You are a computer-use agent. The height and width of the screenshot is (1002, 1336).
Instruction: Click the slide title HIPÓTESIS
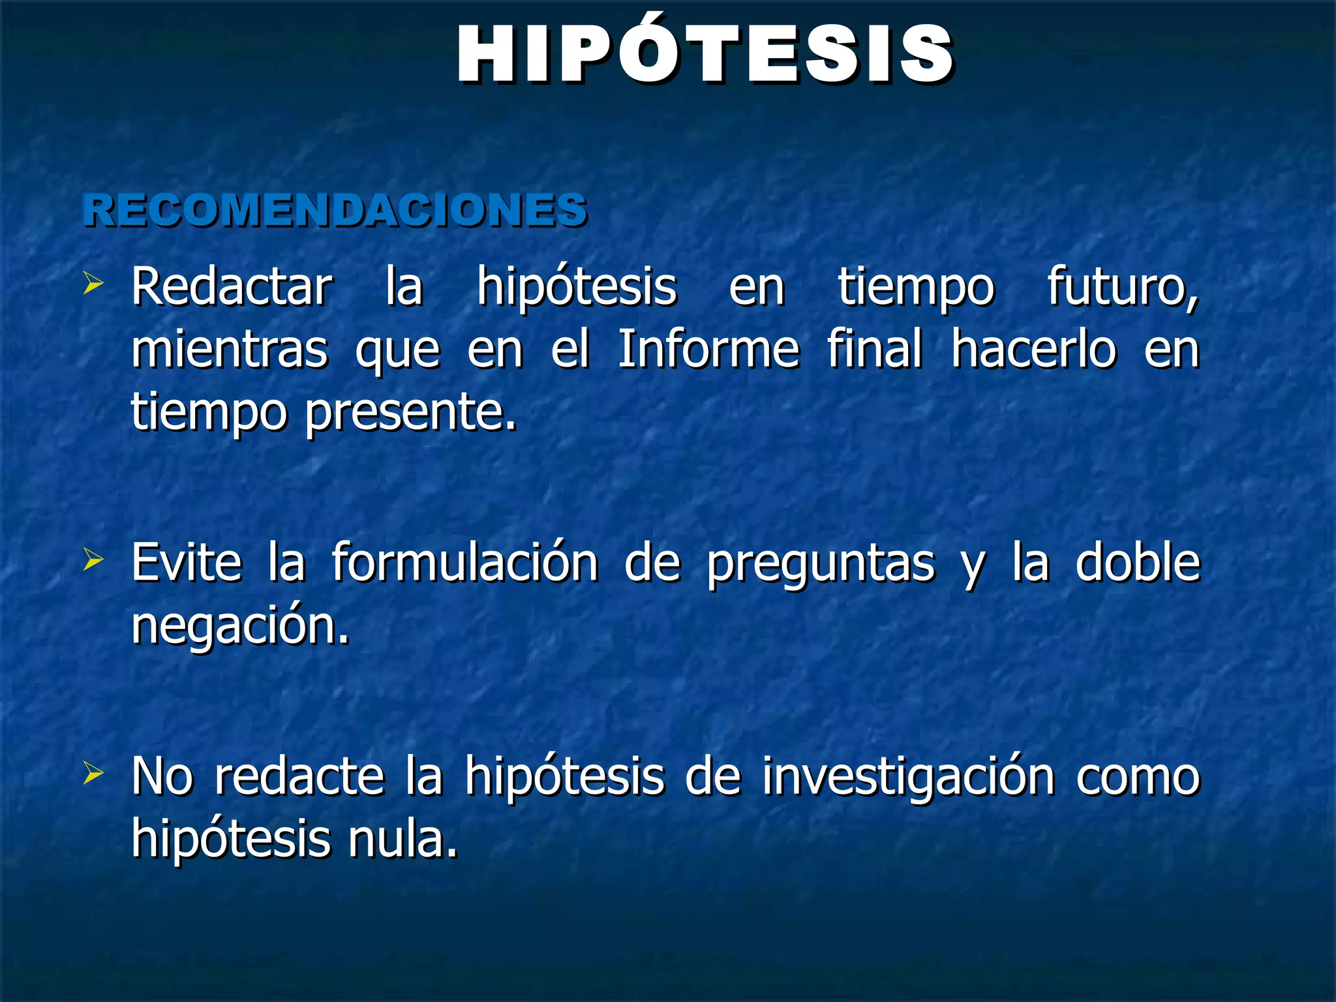click(705, 55)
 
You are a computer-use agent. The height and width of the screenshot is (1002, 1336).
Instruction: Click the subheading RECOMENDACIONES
click(335, 211)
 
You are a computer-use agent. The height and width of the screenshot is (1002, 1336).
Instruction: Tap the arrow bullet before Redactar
click(93, 284)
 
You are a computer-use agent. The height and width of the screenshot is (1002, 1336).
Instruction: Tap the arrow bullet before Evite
click(93, 560)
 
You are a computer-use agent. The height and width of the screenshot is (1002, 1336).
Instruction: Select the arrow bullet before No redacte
click(93, 774)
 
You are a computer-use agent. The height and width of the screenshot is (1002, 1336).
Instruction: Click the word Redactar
click(232, 287)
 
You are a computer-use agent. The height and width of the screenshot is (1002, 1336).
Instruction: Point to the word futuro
click(1122, 287)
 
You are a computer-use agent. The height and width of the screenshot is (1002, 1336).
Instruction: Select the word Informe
click(708, 349)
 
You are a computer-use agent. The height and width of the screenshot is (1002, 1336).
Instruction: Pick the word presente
click(410, 413)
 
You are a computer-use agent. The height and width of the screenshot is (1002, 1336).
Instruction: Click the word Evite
click(187, 562)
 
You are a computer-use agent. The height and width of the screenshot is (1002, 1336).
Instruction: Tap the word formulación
click(464, 562)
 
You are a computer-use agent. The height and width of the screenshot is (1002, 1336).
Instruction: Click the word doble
click(1137, 562)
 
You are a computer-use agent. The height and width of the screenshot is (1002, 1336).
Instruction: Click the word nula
click(402, 839)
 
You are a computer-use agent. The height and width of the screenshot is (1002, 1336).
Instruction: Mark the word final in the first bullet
click(874, 349)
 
